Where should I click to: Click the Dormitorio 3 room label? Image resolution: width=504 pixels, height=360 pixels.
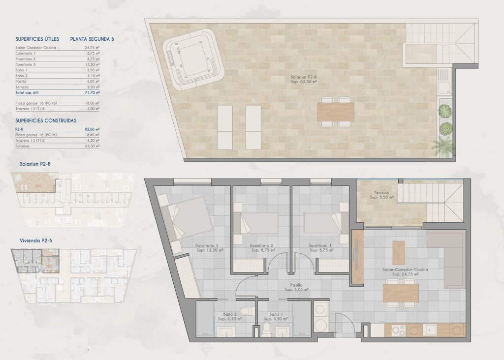pos(207,248)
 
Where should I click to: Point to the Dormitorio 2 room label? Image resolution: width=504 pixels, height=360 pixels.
pos(261,248)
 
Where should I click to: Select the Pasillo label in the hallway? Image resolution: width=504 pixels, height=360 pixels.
pos(296,287)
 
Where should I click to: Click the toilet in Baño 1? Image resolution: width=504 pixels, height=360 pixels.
pos(267,328)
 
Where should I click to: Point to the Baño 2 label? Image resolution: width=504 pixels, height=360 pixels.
pos(230,316)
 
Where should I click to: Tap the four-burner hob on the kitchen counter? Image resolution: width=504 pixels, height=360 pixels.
pos(398,331)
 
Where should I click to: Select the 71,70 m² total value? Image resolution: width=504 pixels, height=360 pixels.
pos(92,92)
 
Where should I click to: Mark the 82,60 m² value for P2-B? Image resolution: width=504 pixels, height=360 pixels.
pos(92,129)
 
